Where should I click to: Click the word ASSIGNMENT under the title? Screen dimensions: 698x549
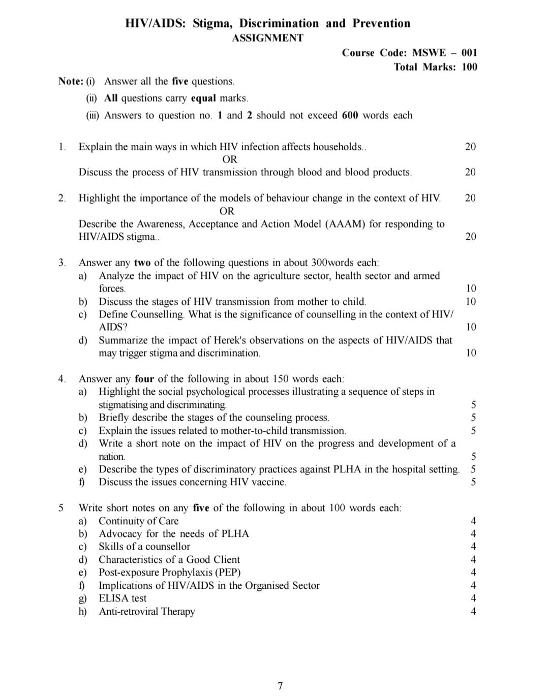(267, 38)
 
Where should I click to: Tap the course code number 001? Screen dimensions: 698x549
(470, 53)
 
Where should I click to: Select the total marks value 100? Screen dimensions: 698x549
(470, 67)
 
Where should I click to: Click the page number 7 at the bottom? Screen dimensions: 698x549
(280, 686)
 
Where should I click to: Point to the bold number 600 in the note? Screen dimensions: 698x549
(350, 115)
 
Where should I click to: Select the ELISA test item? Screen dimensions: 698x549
(123, 598)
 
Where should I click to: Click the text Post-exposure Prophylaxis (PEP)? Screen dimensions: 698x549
(169, 573)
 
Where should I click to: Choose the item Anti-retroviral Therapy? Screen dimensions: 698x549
(146, 612)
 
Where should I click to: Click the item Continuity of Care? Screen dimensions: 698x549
(138, 521)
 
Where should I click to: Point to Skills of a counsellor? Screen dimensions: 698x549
(144, 547)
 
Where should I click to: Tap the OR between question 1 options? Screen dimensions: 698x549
(230, 160)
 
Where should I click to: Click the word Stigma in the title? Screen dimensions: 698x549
(213, 23)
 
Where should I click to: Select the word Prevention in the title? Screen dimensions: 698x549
(381, 23)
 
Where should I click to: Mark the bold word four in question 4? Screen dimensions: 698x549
(144, 379)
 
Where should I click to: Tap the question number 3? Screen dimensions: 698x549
(62, 263)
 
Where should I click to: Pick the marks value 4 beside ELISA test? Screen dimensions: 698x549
(473, 598)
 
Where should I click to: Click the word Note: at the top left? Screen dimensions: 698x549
(71, 81)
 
